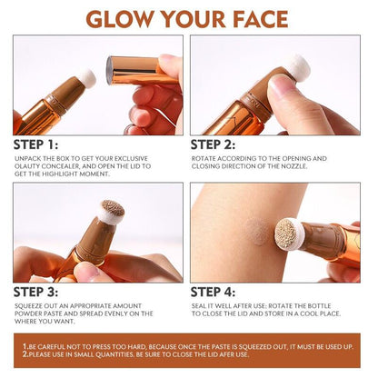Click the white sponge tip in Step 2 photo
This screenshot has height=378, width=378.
[x=296, y=67]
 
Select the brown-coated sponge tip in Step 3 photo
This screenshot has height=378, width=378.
[x=112, y=212]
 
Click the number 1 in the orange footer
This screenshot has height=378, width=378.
[x=25, y=348]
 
